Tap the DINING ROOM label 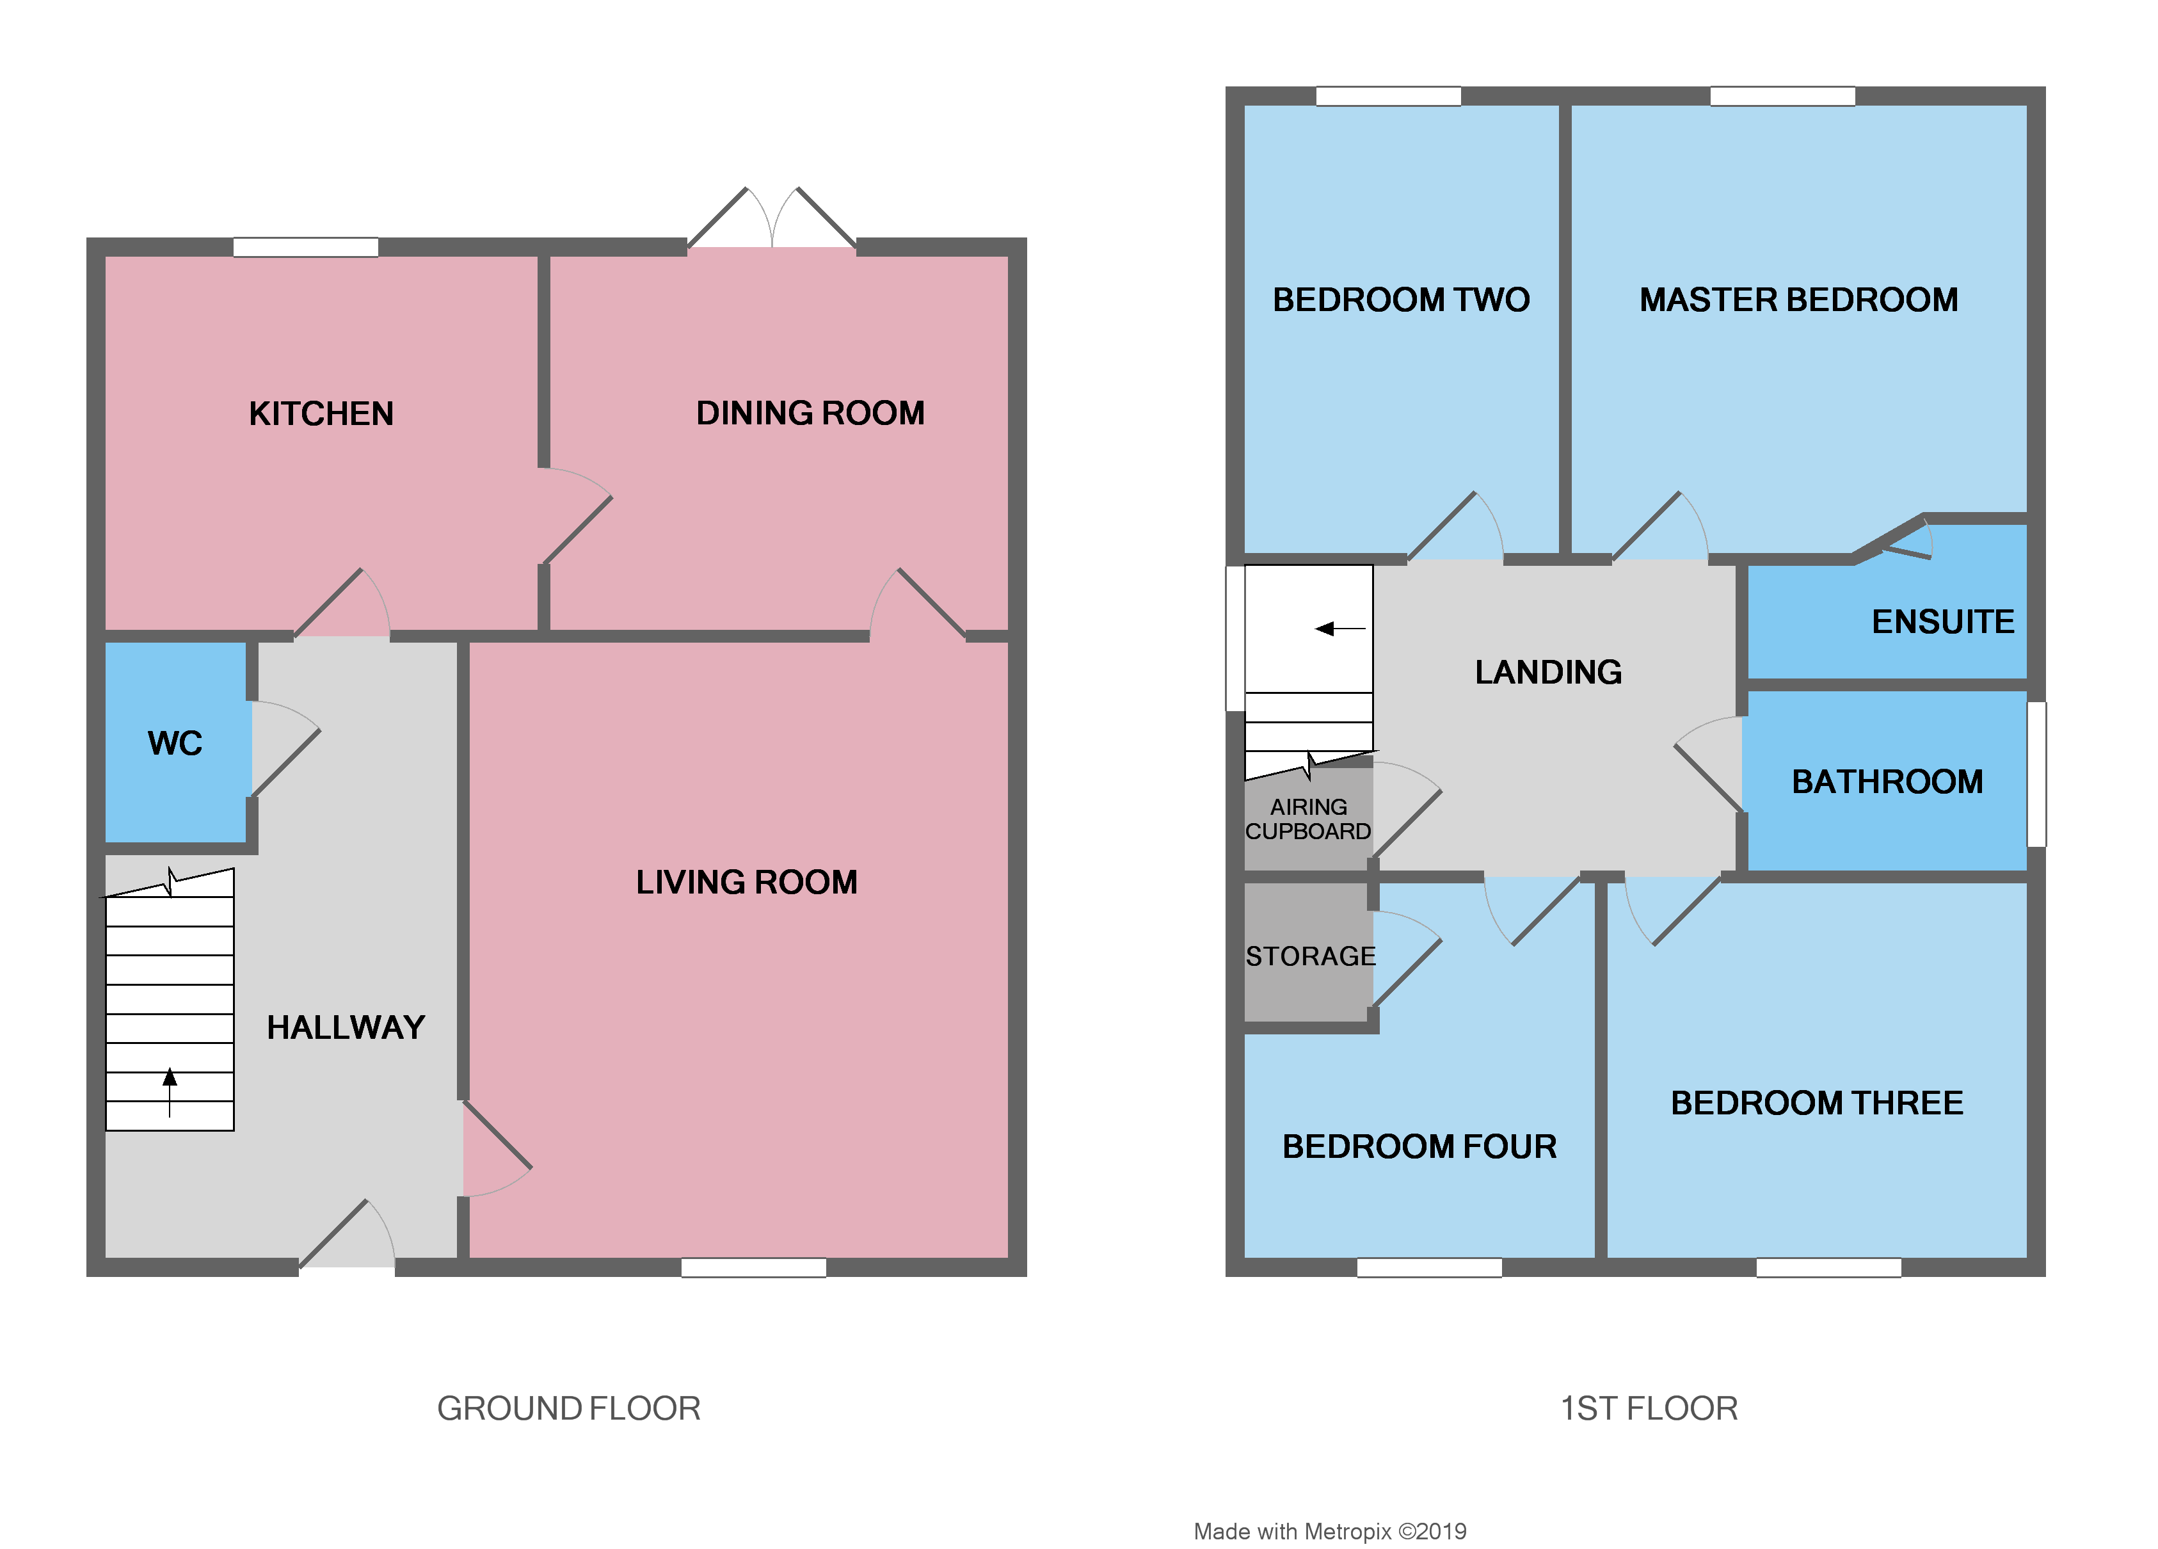pos(810,413)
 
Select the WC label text pos(175,743)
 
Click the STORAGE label pos(1310,956)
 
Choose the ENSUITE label pos(1943,622)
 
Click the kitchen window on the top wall pos(305,247)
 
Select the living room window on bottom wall pos(754,1267)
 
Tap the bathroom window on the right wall pos(2036,774)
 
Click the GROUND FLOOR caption pos(568,1409)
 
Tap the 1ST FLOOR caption pos(1649,1409)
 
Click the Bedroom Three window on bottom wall pos(1828,1267)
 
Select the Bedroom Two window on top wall pos(1388,96)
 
